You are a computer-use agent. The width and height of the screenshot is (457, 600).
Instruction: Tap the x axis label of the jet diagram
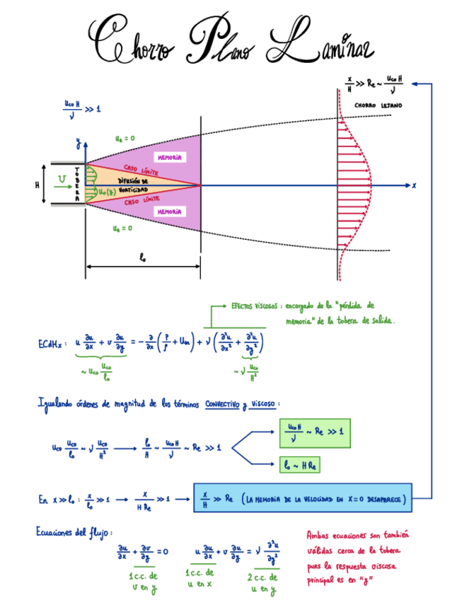coord(415,185)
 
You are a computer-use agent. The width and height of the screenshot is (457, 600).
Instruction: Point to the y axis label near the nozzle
coord(78,145)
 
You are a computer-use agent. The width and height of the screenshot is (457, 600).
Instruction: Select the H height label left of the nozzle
coord(37,185)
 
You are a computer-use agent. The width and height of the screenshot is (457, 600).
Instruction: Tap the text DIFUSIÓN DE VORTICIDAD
coord(133,186)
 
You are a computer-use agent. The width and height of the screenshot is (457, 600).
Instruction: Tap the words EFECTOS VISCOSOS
coord(255,306)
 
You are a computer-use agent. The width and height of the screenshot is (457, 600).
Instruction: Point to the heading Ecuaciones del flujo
coord(74,531)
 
